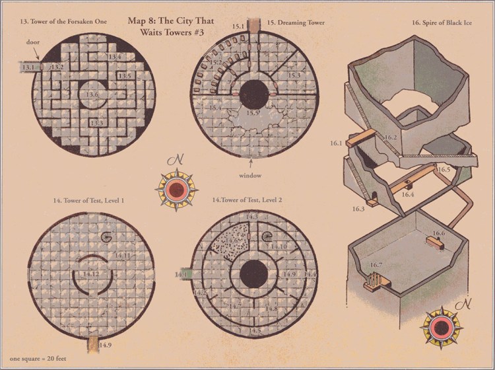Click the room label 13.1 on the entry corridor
click(x=28, y=67)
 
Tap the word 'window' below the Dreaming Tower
click(x=251, y=175)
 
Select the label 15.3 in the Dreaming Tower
click(x=294, y=77)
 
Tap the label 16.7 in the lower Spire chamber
click(x=376, y=266)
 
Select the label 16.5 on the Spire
click(x=444, y=170)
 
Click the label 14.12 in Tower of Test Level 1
click(x=91, y=273)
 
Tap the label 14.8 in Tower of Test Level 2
click(x=271, y=309)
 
